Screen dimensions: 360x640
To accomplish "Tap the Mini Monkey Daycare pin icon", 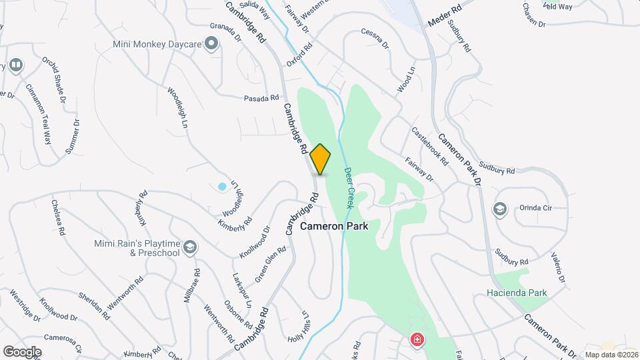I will pyautogui.click(x=212, y=45).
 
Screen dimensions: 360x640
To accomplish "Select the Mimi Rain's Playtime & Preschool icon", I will pyautogui.click(x=190, y=248).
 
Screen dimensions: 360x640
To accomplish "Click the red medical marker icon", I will pyautogui.click(x=417, y=340).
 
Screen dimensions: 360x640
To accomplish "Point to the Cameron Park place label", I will pyautogui.click(x=334, y=226).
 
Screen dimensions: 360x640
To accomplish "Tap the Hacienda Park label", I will pyautogui.click(x=517, y=293).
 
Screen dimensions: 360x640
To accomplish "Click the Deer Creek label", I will pyautogui.click(x=349, y=188).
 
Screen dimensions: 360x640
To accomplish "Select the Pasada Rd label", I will pyautogui.click(x=261, y=97).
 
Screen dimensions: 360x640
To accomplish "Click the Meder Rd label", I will pyautogui.click(x=445, y=17).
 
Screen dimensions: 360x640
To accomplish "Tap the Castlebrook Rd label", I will pyautogui.click(x=430, y=146).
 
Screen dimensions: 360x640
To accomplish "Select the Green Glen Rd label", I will pyautogui.click(x=271, y=264).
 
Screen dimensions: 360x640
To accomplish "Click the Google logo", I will pyautogui.click(x=22, y=351).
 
